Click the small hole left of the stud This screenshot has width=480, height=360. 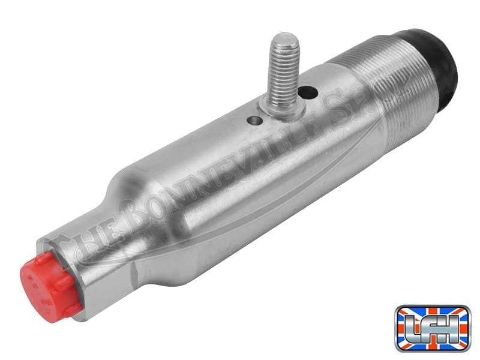pos(256,121)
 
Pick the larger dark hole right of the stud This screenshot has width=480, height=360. pos(308,92)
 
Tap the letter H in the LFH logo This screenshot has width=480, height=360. pos(453,327)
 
